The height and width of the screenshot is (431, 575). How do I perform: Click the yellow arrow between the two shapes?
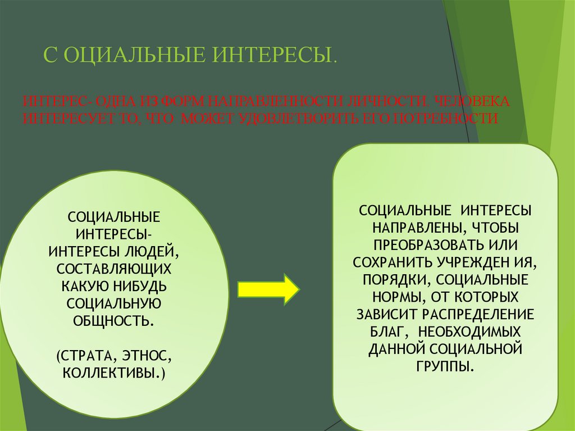(x=269, y=289)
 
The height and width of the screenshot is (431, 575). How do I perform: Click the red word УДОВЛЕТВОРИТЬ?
(x=299, y=119)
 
